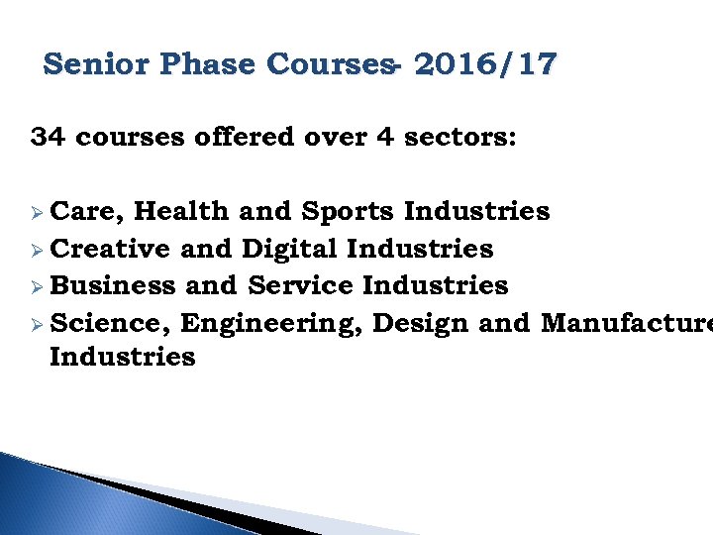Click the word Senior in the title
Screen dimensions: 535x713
[x=94, y=65]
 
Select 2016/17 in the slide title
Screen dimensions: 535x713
[x=485, y=65]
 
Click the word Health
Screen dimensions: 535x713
[x=181, y=211]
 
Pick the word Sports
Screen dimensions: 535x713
[x=349, y=211]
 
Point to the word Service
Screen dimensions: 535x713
[x=301, y=285]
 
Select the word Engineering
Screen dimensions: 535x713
[x=272, y=322]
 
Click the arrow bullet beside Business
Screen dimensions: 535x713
[x=37, y=286]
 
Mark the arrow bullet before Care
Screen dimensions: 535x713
[x=37, y=212]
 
